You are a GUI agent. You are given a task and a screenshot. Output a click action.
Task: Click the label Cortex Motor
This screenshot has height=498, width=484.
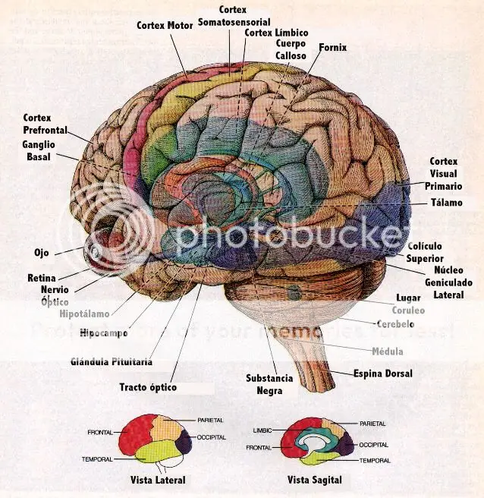(x=165, y=25)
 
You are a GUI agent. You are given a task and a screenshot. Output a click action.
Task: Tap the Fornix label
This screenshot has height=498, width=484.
(x=332, y=47)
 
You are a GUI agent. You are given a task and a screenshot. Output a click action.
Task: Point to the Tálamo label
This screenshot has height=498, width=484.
(x=447, y=203)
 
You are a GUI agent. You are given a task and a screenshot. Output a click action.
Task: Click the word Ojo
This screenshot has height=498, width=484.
(x=41, y=252)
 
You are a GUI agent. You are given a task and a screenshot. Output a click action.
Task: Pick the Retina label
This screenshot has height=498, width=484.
(x=42, y=278)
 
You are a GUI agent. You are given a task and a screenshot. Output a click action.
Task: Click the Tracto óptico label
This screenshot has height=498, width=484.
(x=148, y=387)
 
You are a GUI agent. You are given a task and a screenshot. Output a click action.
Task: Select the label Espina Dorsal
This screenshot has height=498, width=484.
(x=383, y=373)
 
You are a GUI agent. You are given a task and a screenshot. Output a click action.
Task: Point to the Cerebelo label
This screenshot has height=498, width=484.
(x=395, y=323)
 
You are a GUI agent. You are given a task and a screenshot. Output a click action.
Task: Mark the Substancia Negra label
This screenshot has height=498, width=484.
(x=269, y=384)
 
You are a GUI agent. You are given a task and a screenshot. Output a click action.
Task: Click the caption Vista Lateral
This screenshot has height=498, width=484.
(x=158, y=480)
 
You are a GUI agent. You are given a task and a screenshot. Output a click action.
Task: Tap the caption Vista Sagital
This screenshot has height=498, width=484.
(x=315, y=480)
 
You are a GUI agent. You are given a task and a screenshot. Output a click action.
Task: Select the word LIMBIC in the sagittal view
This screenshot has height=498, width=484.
(x=262, y=430)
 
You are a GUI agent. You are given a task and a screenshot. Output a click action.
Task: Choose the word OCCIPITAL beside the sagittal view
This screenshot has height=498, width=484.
(x=373, y=445)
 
